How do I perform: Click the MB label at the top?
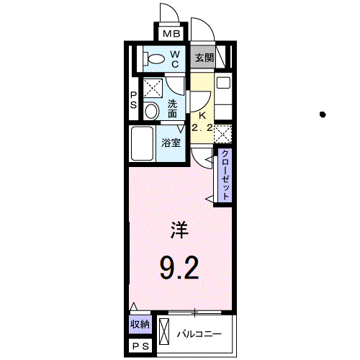pyautogui.click(x=171, y=35)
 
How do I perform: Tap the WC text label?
pyautogui.click(x=175, y=58)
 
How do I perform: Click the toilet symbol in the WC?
pyautogui.click(x=153, y=58)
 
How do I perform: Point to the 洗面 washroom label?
pyautogui.click(x=174, y=108)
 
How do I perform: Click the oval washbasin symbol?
pyautogui.click(x=151, y=111)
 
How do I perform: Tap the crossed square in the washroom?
pyautogui.click(x=152, y=88)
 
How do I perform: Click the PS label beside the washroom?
pyautogui.click(x=134, y=100)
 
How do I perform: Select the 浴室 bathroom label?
pyautogui.click(x=171, y=143)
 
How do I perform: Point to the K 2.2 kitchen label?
pyautogui.click(x=202, y=121)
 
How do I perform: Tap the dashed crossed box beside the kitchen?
pyautogui.click(x=223, y=133)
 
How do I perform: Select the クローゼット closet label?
pyautogui.click(x=225, y=176)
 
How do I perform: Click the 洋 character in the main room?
pyautogui.click(x=179, y=230)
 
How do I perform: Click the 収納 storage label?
pyautogui.click(x=140, y=325)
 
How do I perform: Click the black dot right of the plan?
pyautogui.click(x=323, y=114)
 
